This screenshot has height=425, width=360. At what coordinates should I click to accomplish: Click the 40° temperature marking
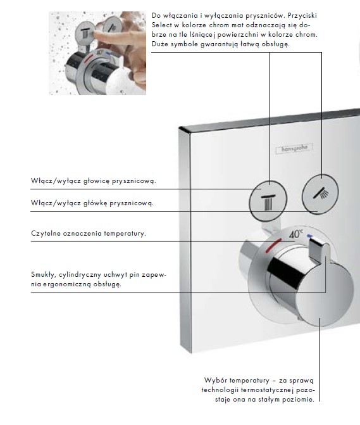[x=296, y=234]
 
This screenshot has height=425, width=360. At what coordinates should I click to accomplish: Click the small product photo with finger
[x=97, y=53]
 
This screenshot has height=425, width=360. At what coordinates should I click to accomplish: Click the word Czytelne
[x=46, y=234]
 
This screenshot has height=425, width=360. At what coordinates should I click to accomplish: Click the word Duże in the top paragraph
[x=161, y=44]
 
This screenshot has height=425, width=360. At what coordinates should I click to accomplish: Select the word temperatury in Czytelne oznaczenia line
[x=127, y=234]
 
